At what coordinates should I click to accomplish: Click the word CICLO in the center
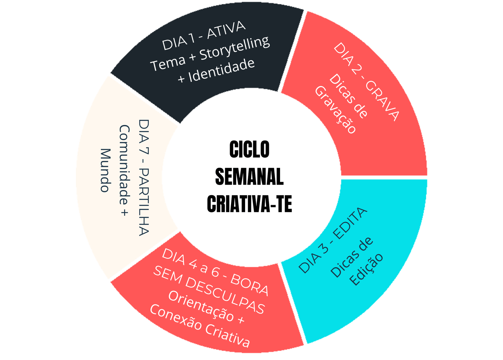(x=249, y=149)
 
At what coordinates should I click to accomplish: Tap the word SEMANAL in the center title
(x=249, y=177)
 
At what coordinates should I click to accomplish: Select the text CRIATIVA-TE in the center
(x=249, y=204)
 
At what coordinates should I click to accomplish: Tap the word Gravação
(x=335, y=110)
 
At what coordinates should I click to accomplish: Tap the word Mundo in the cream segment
(x=105, y=170)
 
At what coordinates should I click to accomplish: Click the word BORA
(x=250, y=285)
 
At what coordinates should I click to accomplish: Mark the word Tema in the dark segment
(x=168, y=63)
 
